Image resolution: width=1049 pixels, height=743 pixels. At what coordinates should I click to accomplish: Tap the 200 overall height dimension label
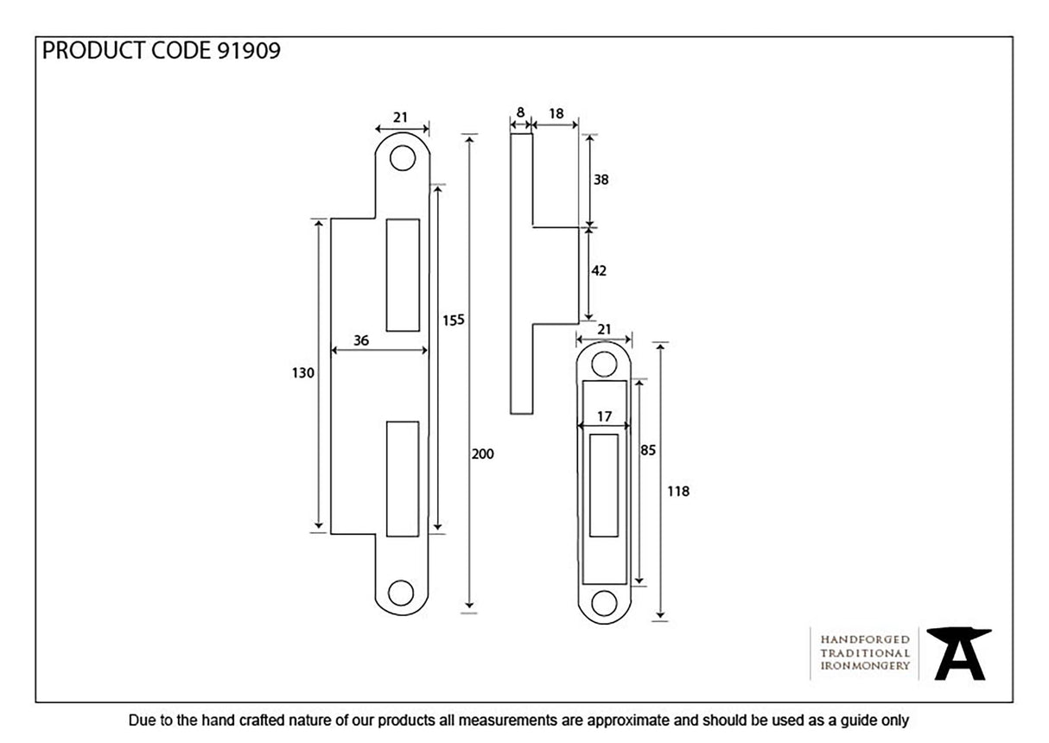pyautogui.click(x=482, y=454)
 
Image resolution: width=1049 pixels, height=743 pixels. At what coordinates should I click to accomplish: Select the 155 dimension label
pyautogui.click(x=454, y=320)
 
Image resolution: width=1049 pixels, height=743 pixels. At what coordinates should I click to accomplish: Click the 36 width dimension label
pyautogui.click(x=361, y=340)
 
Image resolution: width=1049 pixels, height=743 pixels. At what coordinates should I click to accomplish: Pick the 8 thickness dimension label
pyautogui.click(x=520, y=112)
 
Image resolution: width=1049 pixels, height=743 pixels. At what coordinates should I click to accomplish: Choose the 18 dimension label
pyautogui.click(x=556, y=112)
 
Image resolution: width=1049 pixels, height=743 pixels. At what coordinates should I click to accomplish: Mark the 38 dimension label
pyautogui.click(x=601, y=180)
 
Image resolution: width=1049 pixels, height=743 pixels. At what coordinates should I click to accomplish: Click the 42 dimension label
pyautogui.click(x=599, y=270)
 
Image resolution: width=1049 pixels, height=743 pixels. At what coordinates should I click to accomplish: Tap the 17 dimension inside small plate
pyautogui.click(x=604, y=416)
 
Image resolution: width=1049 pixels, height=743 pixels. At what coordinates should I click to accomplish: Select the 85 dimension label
pyautogui.click(x=647, y=450)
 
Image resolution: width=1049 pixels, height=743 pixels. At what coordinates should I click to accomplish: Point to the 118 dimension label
pyautogui.click(x=678, y=491)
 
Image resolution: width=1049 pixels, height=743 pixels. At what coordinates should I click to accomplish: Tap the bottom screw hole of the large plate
pyautogui.click(x=401, y=593)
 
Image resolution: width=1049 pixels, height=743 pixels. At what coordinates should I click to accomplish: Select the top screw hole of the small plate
pyautogui.click(x=604, y=364)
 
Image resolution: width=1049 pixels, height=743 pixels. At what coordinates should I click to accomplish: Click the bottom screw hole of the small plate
pyautogui.click(x=604, y=602)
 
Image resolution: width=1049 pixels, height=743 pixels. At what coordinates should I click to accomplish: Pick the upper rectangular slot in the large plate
pyautogui.click(x=403, y=275)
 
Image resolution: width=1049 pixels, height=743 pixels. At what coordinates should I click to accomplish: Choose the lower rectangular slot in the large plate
pyautogui.click(x=403, y=477)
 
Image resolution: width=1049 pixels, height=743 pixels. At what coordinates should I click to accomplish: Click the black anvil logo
pyautogui.click(x=958, y=653)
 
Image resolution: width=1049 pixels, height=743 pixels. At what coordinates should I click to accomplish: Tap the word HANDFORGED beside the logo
pyautogui.click(x=864, y=639)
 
